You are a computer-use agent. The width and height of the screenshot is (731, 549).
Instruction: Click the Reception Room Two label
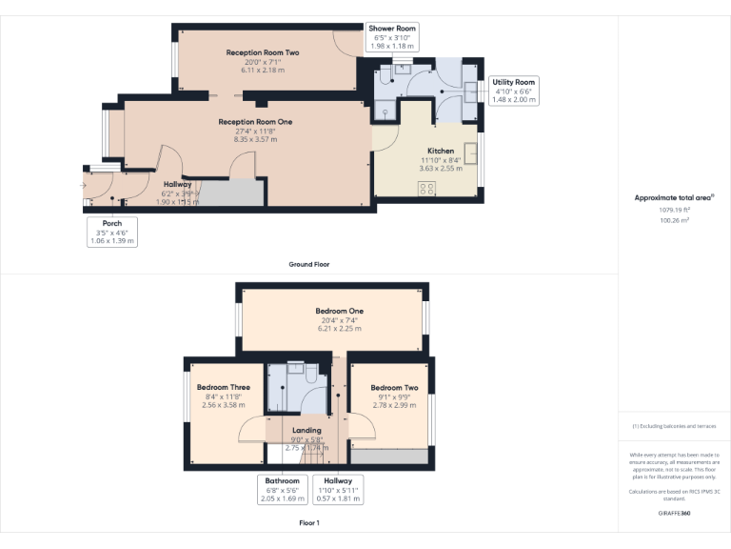[263, 52]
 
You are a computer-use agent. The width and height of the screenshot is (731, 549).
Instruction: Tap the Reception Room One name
[255, 122]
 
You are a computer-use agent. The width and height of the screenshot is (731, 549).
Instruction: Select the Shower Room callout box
[391, 36]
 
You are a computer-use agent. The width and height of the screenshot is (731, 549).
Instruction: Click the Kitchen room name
[441, 152]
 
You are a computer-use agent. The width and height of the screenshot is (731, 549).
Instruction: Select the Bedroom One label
[339, 311]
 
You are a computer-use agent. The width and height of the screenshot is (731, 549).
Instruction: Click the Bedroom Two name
[394, 388]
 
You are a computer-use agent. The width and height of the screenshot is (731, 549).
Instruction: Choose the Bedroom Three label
[224, 387]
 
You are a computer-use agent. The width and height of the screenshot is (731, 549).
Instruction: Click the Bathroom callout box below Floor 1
[282, 489]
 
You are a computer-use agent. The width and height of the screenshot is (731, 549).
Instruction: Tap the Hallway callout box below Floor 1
[337, 489]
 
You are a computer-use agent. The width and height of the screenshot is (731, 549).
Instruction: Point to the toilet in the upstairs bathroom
[311, 376]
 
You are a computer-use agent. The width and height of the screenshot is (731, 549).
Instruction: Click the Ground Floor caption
[308, 264]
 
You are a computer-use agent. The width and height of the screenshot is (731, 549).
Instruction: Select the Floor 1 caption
[308, 523]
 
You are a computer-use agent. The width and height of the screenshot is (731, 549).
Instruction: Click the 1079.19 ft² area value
[673, 210]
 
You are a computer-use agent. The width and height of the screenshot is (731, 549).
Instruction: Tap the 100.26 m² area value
[673, 219]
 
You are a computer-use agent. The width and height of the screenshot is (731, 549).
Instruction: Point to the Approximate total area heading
[674, 198]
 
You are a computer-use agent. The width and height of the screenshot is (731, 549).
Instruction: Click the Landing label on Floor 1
[306, 431]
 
